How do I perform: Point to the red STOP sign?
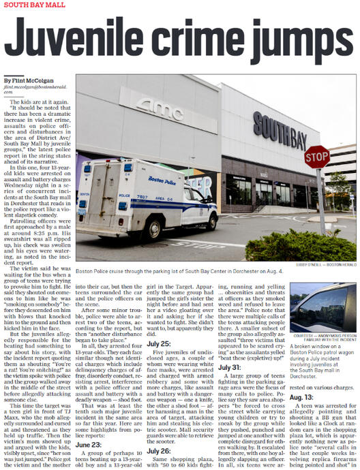click(x=316, y=157)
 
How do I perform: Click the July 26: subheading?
click(x=160, y=450)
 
